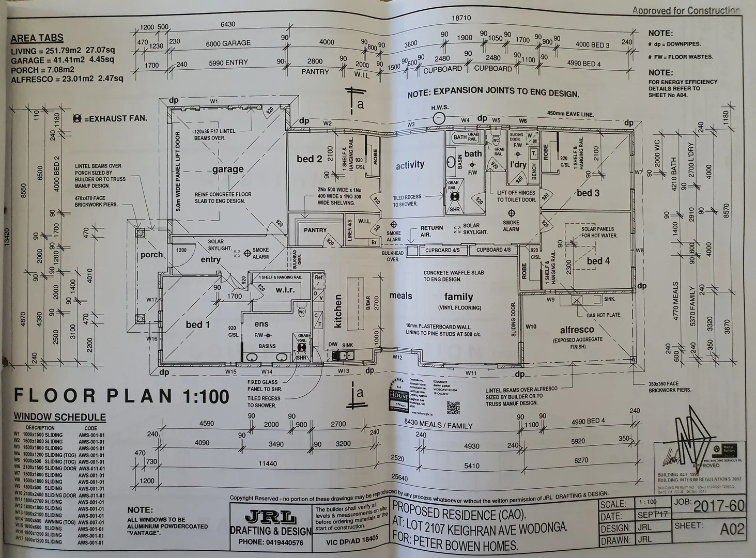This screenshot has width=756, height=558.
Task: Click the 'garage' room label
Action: [x=227, y=169]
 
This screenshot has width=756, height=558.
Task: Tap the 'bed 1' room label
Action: [x=198, y=324]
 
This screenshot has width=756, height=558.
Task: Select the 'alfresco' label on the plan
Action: [x=577, y=330]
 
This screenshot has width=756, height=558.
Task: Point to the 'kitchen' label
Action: [x=338, y=311]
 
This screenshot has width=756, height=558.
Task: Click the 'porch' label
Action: [x=151, y=255]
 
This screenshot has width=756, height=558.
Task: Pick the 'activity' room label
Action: [x=410, y=165]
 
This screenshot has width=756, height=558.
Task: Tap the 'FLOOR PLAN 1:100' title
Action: [x=121, y=396]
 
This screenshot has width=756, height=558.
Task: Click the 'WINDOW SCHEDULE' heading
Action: [x=59, y=417]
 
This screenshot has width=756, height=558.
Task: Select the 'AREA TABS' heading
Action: [x=37, y=38]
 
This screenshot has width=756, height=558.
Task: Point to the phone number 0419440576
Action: [x=271, y=543]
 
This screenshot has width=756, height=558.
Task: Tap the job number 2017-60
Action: [x=719, y=506]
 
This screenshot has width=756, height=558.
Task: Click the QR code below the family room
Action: [x=453, y=408]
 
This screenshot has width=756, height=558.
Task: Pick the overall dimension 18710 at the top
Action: [x=461, y=18]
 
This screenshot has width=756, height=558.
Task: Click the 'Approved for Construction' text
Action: [x=686, y=10]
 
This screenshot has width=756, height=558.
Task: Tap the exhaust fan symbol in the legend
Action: [x=78, y=119]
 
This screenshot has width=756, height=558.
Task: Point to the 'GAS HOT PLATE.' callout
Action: [x=604, y=315]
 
